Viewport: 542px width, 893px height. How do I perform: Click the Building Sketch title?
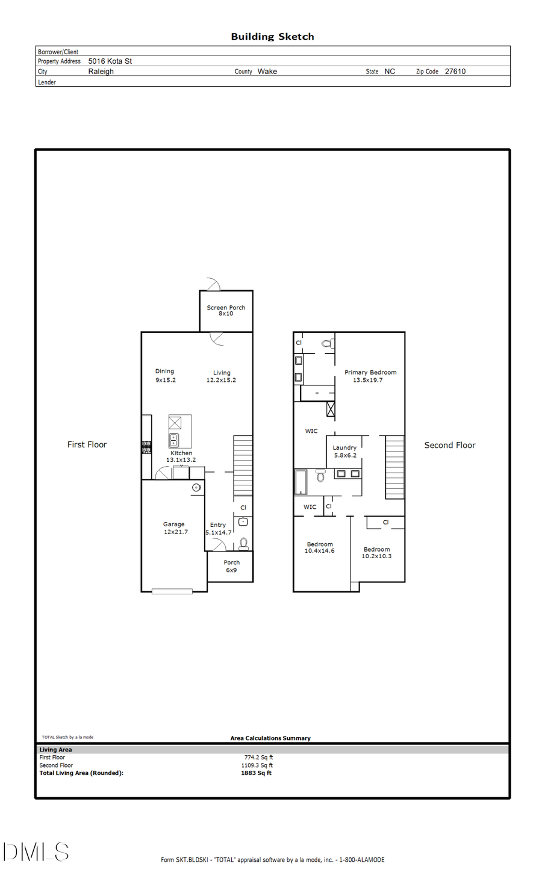click(272, 37)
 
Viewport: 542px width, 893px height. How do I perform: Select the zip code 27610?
click(455, 71)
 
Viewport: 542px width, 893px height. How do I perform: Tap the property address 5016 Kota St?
click(110, 61)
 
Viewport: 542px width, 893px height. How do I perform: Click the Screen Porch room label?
click(226, 310)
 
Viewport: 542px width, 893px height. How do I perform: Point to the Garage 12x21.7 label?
click(175, 528)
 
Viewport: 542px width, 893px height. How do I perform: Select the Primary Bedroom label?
click(370, 376)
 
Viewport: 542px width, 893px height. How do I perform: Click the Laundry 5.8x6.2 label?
click(344, 451)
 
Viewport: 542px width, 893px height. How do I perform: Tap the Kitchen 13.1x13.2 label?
click(181, 456)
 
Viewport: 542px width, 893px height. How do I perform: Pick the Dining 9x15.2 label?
click(165, 375)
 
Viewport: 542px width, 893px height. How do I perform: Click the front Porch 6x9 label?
click(231, 566)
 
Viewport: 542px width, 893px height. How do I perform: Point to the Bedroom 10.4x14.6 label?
click(319, 547)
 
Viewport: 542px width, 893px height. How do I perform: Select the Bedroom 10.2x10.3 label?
click(376, 552)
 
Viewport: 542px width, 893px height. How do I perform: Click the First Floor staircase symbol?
click(243, 465)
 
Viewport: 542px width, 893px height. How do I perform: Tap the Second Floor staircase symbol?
click(394, 467)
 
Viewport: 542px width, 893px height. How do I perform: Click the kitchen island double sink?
click(174, 439)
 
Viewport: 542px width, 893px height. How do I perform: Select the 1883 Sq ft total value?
click(256, 773)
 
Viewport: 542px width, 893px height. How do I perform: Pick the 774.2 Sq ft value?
click(258, 758)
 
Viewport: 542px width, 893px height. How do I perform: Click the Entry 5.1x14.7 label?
click(218, 529)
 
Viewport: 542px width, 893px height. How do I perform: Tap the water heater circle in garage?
click(196, 487)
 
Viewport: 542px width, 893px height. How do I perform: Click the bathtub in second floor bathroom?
click(301, 482)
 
